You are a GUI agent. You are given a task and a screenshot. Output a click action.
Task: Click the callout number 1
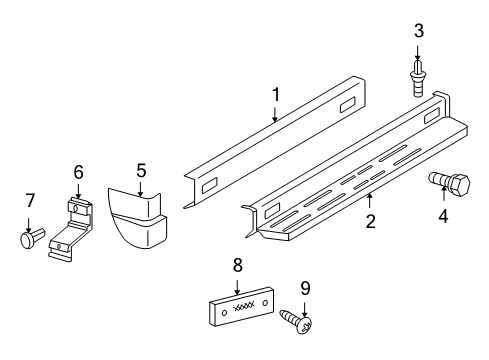pos(275,96)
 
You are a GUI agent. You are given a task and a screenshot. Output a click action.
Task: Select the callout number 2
pos(370,221)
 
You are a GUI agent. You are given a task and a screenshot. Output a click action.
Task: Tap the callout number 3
pos(418,32)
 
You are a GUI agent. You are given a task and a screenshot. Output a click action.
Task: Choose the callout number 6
pos(77,172)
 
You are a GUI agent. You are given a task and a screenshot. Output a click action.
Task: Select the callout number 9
pos(305,288)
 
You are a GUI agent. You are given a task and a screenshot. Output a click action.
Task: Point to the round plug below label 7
pos(30,241)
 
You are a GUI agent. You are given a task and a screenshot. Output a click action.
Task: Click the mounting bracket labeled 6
pos(71,229)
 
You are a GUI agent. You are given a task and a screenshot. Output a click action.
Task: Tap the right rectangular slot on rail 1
pos(351,108)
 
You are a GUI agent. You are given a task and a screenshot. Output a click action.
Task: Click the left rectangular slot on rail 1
pos(210,186)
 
